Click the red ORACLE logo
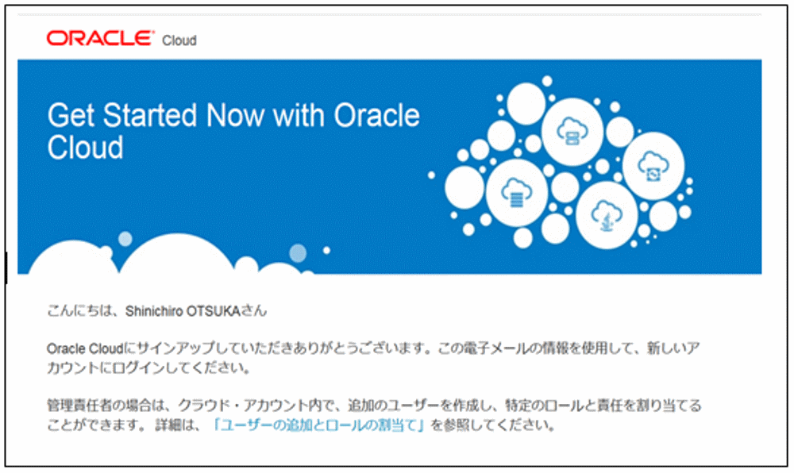pyautogui.click(x=99, y=38)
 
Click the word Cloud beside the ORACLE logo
pyautogui.click(x=179, y=40)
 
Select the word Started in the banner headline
pyautogui.click(x=151, y=116)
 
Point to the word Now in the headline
pyautogui.click(x=236, y=116)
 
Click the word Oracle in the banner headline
pyautogui.click(x=376, y=116)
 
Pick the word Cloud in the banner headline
pyautogui.click(x=86, y=148)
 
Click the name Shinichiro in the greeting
pyautogui.click(x=155, y=311)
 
